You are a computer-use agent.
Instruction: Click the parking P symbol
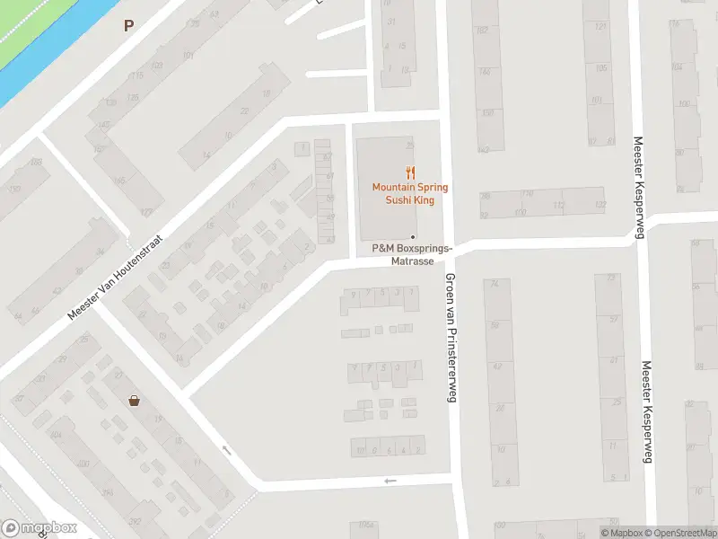128,25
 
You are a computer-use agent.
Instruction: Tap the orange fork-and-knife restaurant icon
410,172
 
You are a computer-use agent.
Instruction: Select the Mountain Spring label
410,187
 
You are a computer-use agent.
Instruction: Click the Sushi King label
410,200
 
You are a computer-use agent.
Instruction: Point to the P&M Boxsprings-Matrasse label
412,254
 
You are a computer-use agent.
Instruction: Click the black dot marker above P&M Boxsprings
413,237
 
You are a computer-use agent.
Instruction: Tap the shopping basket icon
134,401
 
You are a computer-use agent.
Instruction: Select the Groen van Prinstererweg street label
450,337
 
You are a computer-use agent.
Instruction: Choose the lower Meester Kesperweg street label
644,412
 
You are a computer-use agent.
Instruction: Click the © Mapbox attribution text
623,533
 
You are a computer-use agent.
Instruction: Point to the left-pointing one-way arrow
390,482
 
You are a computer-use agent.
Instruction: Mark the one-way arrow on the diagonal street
226,449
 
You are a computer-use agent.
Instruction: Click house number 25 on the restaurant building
410,146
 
